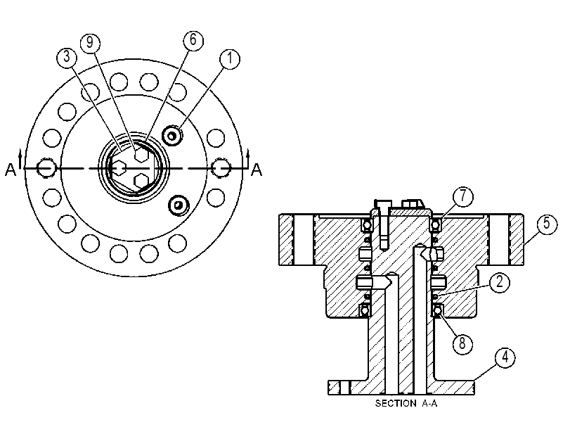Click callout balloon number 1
[230, 58]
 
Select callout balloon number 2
[500, 282]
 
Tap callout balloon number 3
[67, 57]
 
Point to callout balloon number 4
[505, 358]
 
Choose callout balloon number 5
[547, 224]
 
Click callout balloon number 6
[193, 40]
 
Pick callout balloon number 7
[463, 196]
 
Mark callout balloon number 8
[462, 343]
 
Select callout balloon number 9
[90, 43]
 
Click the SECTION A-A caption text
[406, 403]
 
